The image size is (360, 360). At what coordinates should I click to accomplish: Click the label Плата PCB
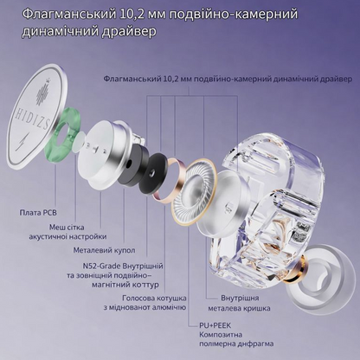point(38,213)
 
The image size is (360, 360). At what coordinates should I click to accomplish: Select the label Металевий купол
point(104,250)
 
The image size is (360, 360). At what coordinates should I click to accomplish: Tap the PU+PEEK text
point(215,325)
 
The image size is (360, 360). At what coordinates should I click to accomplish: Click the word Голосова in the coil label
point(138,298)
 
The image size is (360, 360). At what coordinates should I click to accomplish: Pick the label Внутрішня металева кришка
point(239,303)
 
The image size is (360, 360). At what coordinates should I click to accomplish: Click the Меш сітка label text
point(67,227)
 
